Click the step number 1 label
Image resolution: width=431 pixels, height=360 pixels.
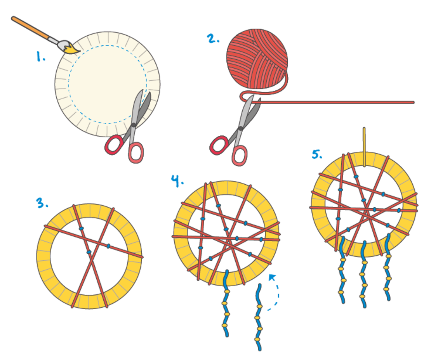[41, 57]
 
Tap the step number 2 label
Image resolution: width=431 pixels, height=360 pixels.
[213, 38]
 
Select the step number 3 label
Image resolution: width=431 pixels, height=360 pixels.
[42, 203]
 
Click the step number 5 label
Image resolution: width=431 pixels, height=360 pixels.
[317, 154]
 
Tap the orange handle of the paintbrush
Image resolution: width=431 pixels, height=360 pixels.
[30, 28]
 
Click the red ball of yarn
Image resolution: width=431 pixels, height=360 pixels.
[257, 59]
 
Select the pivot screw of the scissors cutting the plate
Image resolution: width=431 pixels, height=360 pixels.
[134, 125]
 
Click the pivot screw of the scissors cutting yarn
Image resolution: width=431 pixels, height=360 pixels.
[241, 128]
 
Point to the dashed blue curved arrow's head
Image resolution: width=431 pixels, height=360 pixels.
[272, 277]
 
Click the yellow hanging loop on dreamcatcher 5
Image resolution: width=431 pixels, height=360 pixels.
[364, 147]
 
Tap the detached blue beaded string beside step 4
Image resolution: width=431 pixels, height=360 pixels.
[258, 317]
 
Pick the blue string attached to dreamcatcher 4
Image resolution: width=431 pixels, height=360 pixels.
[226, 303]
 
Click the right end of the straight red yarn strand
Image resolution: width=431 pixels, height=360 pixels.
[413, 102]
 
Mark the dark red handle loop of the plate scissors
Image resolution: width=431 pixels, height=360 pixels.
[113, 145]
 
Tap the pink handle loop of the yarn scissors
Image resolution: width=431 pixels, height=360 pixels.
[240, 156]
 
